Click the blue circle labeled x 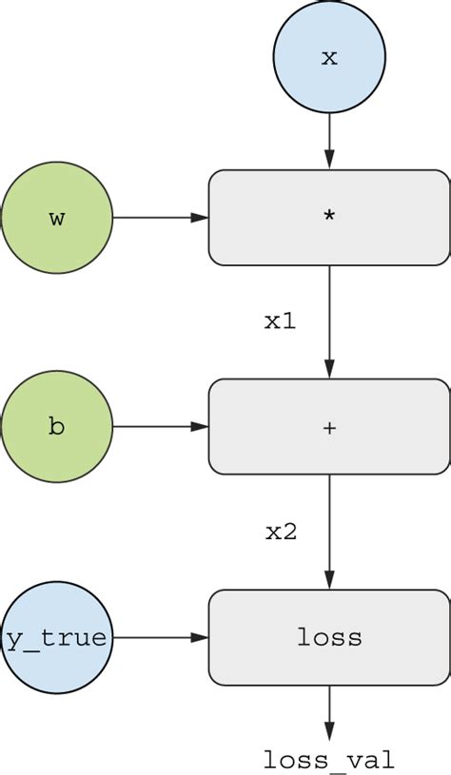329,57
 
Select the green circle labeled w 57,218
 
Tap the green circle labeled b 57,427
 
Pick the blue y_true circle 56,638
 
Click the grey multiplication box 329,218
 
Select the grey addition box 329,427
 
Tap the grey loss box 329,638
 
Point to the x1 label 280,321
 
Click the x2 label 281,532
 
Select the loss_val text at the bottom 328,760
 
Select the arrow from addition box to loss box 329,532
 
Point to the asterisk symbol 329,217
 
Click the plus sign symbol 329,428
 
